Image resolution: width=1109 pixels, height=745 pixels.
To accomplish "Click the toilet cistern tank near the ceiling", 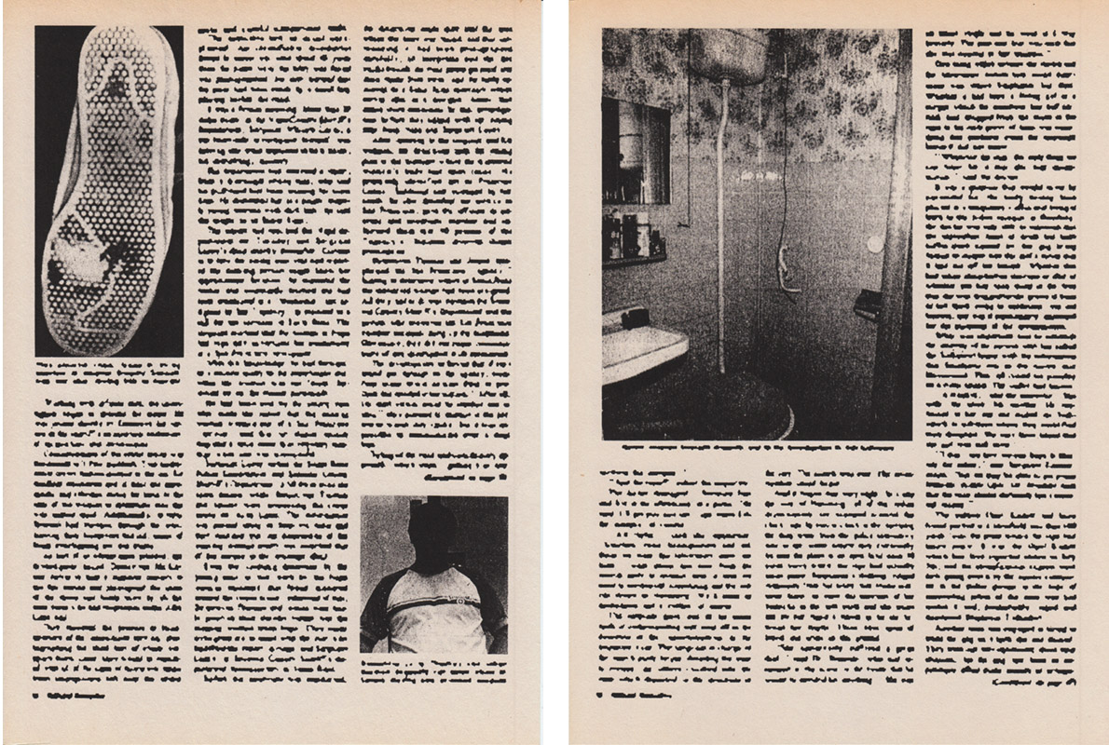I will point(729,54).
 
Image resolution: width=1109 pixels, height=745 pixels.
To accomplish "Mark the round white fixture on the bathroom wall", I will point(873,244).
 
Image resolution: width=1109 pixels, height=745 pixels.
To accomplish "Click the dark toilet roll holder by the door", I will point(869,303).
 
